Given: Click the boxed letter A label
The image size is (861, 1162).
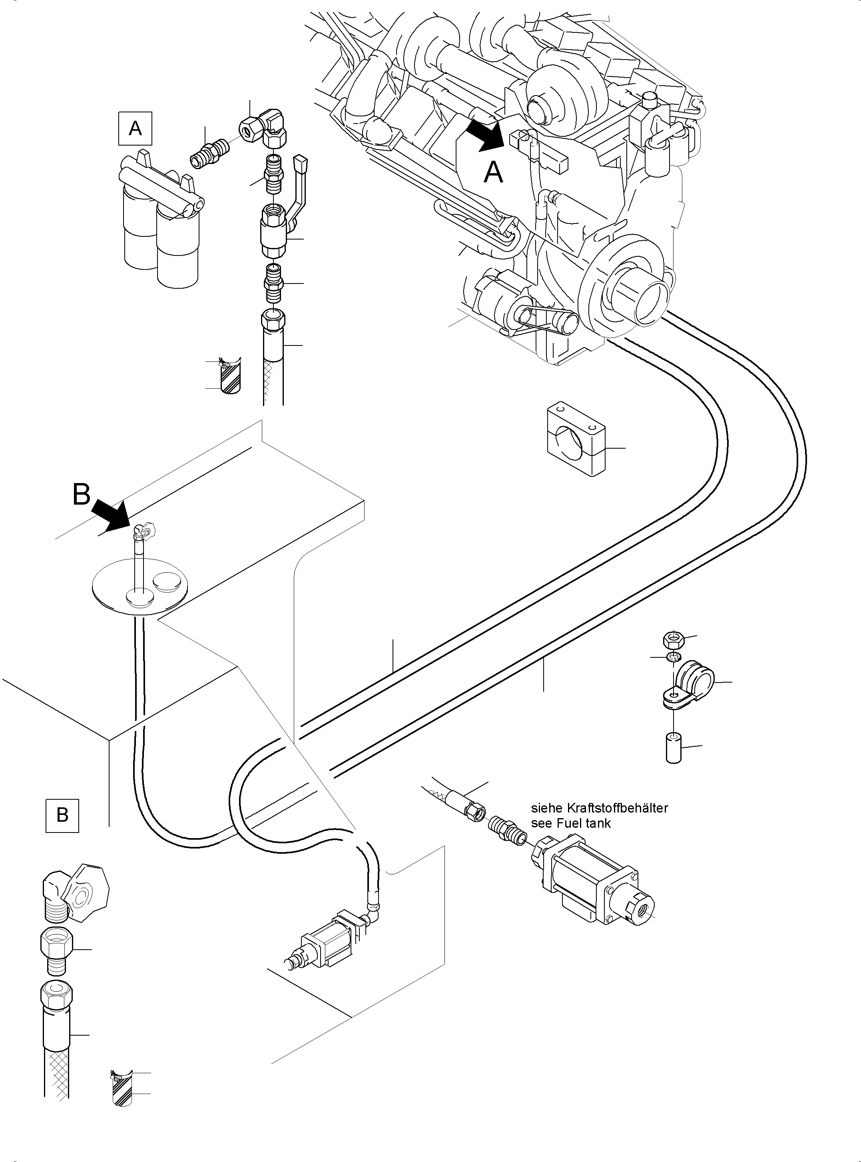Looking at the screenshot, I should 135,128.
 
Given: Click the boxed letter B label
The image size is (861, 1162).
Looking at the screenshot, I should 62,815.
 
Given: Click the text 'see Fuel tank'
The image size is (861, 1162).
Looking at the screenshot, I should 571,823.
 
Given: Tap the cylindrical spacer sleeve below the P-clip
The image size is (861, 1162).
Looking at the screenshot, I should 674,749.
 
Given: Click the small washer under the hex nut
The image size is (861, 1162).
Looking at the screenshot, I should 673,656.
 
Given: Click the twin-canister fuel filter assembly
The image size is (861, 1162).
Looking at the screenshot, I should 161,221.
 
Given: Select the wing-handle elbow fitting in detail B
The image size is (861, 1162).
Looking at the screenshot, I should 73,896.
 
